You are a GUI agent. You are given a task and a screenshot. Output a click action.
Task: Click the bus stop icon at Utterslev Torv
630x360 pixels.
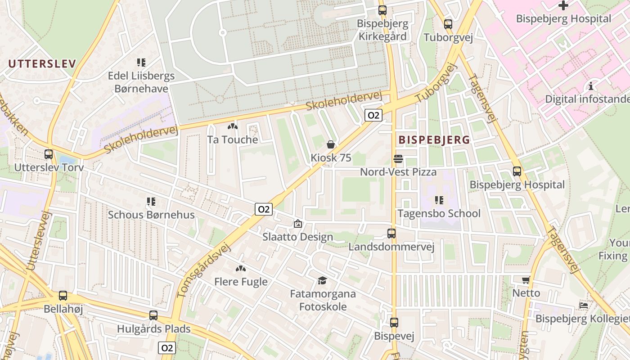pos(49,154)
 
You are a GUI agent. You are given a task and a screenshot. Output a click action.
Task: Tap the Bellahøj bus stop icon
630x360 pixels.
pos(63,296)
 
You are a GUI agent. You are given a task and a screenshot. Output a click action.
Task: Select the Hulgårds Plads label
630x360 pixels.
pos(154,329)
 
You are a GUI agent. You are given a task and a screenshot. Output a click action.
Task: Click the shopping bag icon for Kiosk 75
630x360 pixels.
pos(331,144)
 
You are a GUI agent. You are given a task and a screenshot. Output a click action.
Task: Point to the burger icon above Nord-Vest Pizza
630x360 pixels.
pos(398,158)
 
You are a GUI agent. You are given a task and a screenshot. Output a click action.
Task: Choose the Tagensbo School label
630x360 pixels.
pos(439,213)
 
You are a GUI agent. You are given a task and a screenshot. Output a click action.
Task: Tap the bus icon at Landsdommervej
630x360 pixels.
pos(391,234)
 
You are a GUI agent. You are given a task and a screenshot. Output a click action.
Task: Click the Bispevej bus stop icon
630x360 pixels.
pos(394,323)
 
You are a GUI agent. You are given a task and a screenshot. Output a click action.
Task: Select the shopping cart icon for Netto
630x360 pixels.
pos(526,280)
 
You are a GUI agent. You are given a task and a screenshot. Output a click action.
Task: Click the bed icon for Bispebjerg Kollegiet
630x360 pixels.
pos(584,305)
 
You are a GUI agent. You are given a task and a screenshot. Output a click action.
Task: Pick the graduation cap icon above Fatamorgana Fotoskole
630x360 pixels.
pos(322,281)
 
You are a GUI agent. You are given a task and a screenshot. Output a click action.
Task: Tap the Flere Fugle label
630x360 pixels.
pos(241,282)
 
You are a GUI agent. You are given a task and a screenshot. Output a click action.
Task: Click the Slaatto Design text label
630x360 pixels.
pos(298,237)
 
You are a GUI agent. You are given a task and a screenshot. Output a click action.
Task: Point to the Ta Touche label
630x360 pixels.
pos(233,139)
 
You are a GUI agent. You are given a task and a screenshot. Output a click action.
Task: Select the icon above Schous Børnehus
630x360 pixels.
pos(151,201)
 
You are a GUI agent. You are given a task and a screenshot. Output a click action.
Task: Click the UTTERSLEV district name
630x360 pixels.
pos(42,63)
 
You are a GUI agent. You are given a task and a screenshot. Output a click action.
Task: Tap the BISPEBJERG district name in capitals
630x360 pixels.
pos(434,140)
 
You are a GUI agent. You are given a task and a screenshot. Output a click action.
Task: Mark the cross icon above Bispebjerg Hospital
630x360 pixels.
pos(563,5)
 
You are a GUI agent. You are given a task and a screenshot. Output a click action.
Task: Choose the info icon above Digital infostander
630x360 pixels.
pos(591,85)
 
